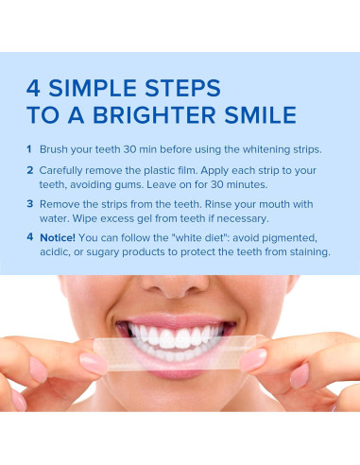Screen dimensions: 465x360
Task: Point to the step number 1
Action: pyautogui.click(x=29, y=149)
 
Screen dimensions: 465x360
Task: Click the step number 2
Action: pyautogui.click(x=29, y=170)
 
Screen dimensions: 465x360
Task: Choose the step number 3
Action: pyautogui.click(x=29, y=203)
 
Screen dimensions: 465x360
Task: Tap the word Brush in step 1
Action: pyautogui.click(x=54, y=149)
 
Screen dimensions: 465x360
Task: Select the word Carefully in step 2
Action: pyautogui.click(x=65, y=170)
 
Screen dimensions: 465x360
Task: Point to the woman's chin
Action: pyautogui.click(x=179, y=397)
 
